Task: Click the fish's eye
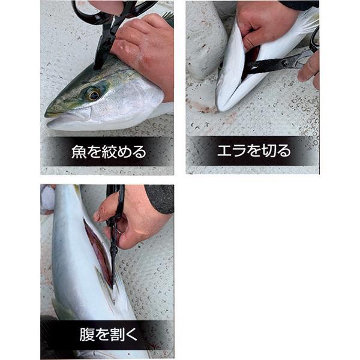(x=94, y=94)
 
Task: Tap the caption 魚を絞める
(x=109, y=152)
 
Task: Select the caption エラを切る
(x=254, y=151)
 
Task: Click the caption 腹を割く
(x=109, y=334)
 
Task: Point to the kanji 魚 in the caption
(x=79, y=152)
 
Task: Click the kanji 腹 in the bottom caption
(x=87, y=334)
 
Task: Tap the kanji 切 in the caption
(x=269, y=151)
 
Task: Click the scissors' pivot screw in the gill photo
(x=285, y=62)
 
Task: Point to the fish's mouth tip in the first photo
(x=46, y=114)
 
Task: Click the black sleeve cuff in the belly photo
(x=160, y=199)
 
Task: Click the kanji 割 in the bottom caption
(x=117, y=334)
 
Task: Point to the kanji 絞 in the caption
(x=109, y=152)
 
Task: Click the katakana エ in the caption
(x=224, y=151)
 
